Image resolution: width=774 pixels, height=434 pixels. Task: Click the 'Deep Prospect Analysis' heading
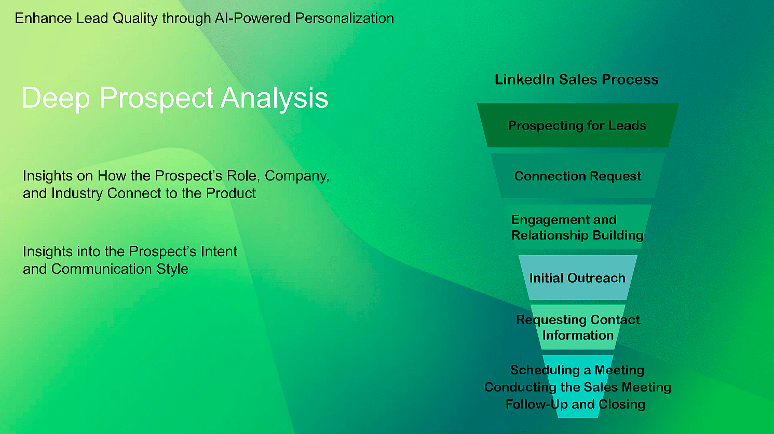coord(175,98)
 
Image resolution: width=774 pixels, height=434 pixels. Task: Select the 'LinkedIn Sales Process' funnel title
coord(576,79)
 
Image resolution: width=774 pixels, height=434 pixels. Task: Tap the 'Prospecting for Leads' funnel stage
coord(577,125)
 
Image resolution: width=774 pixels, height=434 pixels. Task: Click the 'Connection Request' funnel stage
coord(578,176)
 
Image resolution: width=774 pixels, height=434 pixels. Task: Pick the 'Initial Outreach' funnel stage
coord(577,278)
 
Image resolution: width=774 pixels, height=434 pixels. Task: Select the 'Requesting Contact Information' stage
coord(578,328)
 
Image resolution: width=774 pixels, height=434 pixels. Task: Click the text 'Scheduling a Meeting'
coord(577,370)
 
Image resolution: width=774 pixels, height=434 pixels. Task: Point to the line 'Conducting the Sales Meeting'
coord(578,387)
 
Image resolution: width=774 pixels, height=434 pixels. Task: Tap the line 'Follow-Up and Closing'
coord(575,404)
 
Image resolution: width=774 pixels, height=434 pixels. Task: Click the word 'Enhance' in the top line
coord(43,18)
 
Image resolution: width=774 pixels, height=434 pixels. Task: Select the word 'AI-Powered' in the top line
coord(253,18)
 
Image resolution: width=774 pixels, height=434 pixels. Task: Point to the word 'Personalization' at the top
coord(344,18)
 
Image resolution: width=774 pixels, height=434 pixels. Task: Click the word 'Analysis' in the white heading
coord(275,99)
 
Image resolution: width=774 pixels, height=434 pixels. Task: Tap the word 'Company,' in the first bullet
coord(297,176)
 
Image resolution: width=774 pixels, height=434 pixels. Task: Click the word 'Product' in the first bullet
coord(231,193)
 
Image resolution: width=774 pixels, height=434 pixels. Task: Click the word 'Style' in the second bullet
coord(172,269)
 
